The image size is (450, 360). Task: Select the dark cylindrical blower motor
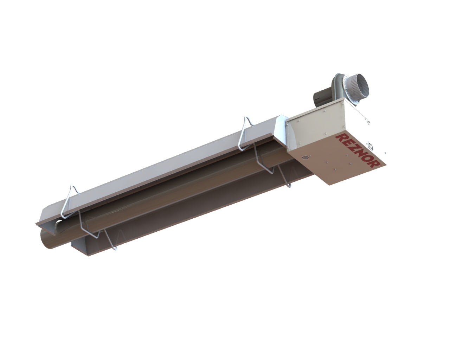tap(321, 96)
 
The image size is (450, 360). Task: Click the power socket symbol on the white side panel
tap(371, 145)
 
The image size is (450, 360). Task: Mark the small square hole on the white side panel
tap(369, 123)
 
